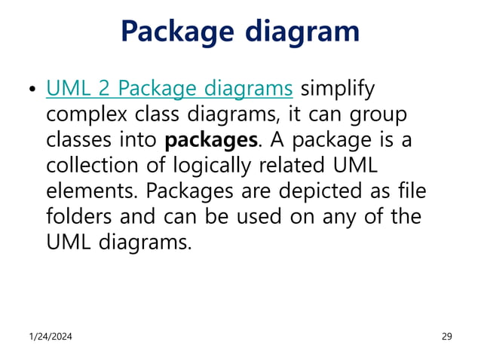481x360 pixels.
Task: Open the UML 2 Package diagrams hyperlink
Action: coord(169,90)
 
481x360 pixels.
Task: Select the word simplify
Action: coord(337,90)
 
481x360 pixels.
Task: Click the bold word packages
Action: coord(210,141)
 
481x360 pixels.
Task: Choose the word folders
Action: coord(75,217)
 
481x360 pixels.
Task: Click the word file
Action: coord(412,191)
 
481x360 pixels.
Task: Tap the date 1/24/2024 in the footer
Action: coord(52,336)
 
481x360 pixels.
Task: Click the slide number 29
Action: coord(446,336)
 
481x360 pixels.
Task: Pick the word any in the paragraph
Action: coord(341,217)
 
